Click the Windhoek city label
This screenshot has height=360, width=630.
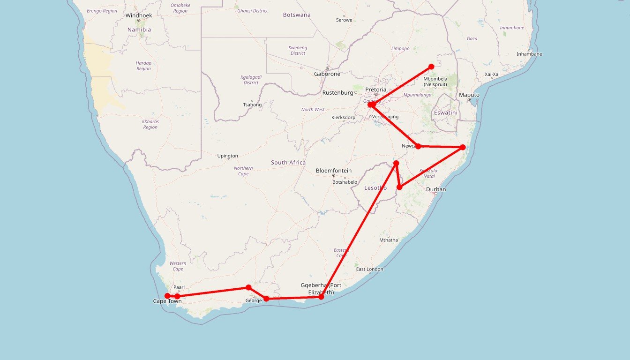coord(139,15)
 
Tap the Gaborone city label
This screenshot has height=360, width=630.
coord(327,74)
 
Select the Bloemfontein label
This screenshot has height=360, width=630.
coord(334,171)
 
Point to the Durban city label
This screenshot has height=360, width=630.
coord(436,189)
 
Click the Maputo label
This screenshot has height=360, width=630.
coord(469,95)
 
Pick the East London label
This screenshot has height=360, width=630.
coord(369,269)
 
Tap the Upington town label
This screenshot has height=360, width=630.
coord(228,156)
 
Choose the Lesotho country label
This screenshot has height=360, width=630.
coord(375,188)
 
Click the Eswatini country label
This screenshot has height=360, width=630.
coord(445,112)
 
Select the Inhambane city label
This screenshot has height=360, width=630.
coord(529,54)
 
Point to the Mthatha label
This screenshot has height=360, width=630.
coord(389,240)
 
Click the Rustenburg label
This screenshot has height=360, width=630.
coord(337,92)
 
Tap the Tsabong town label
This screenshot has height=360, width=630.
coord(252,105)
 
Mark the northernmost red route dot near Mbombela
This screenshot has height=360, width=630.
coord(431,67)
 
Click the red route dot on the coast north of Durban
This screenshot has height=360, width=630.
coord(463,147)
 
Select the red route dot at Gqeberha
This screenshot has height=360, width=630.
coord(321,297)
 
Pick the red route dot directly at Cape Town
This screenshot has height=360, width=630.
coord(167,296)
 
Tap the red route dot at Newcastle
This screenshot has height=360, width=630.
coord(418,146)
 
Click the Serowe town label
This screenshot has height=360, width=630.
coord(344,20)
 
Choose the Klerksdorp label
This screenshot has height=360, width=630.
coord(343,117)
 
